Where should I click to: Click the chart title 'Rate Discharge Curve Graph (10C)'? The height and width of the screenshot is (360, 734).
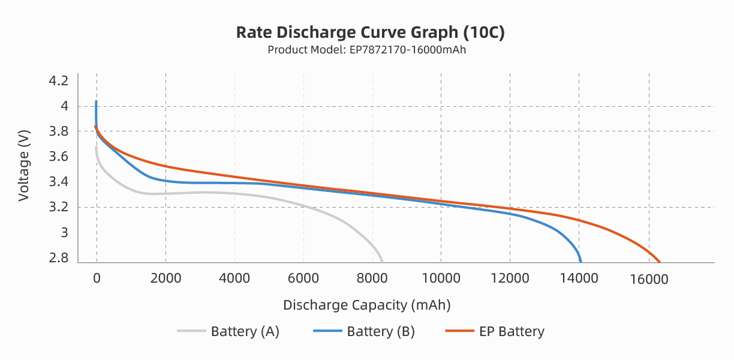370,32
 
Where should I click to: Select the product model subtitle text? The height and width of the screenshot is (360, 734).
366,50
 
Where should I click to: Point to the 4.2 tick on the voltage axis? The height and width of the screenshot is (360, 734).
59,81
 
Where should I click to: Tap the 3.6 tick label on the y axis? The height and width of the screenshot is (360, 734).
59,157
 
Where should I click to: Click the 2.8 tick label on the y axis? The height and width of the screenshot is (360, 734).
59,258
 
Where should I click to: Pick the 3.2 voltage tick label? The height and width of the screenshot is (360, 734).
59,208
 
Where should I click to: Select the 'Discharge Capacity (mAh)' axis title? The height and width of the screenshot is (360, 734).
366,305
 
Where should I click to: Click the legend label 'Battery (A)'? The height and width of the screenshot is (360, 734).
245,331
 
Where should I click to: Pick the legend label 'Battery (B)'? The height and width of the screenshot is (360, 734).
381,331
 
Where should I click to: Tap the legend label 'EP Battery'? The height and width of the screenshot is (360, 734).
512,331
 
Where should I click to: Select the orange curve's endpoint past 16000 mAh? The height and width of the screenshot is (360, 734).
660,262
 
